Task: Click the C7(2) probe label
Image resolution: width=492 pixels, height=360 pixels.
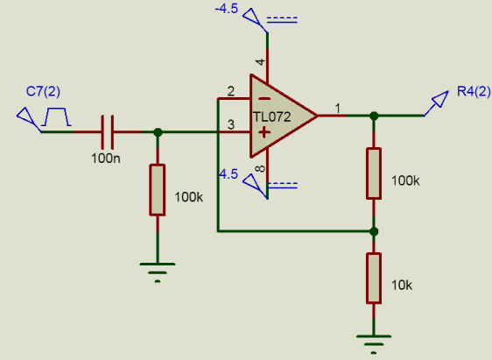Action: (x=43, y=91)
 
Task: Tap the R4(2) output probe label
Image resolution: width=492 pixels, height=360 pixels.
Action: (x=474, y=91)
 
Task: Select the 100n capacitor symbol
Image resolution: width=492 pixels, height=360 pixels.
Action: (x=108, y=132)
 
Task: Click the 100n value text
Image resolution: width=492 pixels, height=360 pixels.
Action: (x=106, y=159)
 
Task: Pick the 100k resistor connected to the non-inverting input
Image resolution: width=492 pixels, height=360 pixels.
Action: (x=158, y=190)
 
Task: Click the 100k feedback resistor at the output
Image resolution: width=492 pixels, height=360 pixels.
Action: (x=374, y=173)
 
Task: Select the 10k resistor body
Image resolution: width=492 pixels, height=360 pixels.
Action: (x=374, y=278)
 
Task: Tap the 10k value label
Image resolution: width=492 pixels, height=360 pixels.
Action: (x=402, y=286)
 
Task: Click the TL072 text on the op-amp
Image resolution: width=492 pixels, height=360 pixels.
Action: (x=272, y=117)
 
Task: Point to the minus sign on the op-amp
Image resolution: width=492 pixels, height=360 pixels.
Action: (x=265, y=99)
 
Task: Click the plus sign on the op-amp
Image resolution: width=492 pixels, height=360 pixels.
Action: (x=264, y=132)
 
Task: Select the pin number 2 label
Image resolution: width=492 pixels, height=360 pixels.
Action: (x=230, y=91)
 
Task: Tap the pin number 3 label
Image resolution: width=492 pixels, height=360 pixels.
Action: (x=231, y=124)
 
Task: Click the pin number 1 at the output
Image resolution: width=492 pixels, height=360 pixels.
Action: (x=338, y=109)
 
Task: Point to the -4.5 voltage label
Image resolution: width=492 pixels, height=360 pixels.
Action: (x=227, y=9)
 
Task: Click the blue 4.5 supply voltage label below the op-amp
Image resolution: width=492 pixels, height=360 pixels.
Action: (x=228, y=174)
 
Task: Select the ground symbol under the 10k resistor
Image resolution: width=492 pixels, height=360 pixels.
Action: (x=374, y=344)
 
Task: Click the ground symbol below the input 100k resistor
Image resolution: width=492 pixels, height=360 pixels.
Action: (x=158, y=272)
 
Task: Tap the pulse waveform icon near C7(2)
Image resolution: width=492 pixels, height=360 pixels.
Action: (x=56, y=116)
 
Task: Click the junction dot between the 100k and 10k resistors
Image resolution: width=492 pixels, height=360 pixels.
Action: (x=374, y=231)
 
